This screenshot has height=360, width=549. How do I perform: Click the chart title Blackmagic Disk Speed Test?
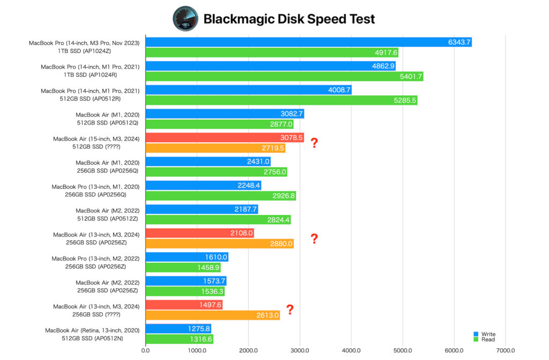[x=289, y=19]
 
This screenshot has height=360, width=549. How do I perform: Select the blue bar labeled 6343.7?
[x=308, y=42]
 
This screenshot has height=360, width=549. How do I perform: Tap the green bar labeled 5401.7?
[x=284, y=77]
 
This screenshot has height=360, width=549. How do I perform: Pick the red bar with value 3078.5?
[x=225, y=138]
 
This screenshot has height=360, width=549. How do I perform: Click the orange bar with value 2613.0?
[x=212, y=315]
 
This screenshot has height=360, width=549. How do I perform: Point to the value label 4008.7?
[x=339, y=90]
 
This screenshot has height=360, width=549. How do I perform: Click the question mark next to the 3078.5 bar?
[x=314, y=143]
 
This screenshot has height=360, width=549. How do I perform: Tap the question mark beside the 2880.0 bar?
[x=314, y=239]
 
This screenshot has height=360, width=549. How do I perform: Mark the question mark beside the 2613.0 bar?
[x=290, y=310]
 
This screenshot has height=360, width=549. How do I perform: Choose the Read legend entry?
[x=485, y=340]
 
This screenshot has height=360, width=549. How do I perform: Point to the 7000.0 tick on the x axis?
[x=506, y=351]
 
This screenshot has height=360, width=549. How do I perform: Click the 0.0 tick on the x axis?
[x=145, y=351]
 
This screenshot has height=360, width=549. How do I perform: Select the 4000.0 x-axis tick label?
[x=351, y=351]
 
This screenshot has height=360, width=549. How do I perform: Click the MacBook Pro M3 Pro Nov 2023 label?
[x=84, y=43]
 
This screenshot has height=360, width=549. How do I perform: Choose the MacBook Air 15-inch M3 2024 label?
[x=96, y=138]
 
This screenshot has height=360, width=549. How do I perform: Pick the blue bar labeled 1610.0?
[x=187, y=257]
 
